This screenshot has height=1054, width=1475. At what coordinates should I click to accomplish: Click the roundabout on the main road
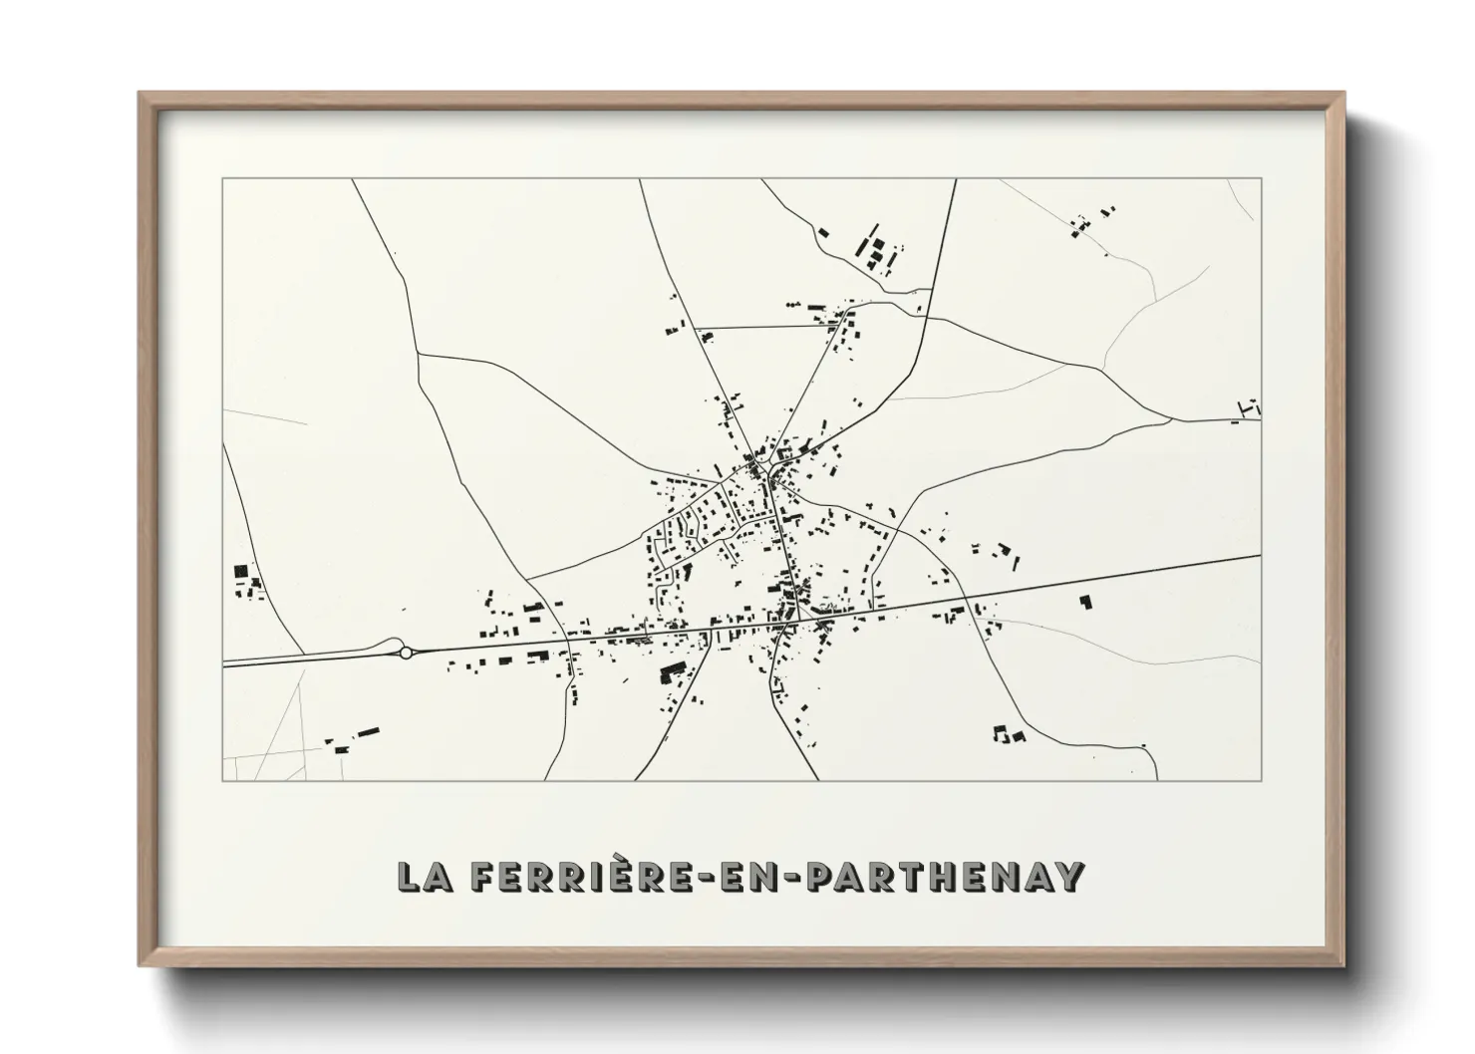pos(406,653)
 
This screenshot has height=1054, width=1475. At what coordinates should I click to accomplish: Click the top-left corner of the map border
pos(223,179)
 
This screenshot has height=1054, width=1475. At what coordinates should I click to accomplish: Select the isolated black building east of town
pos(1085,602)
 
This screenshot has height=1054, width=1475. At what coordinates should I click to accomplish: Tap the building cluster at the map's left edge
pos(245,581)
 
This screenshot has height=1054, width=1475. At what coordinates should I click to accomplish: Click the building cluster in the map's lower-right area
pos(1009,735)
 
